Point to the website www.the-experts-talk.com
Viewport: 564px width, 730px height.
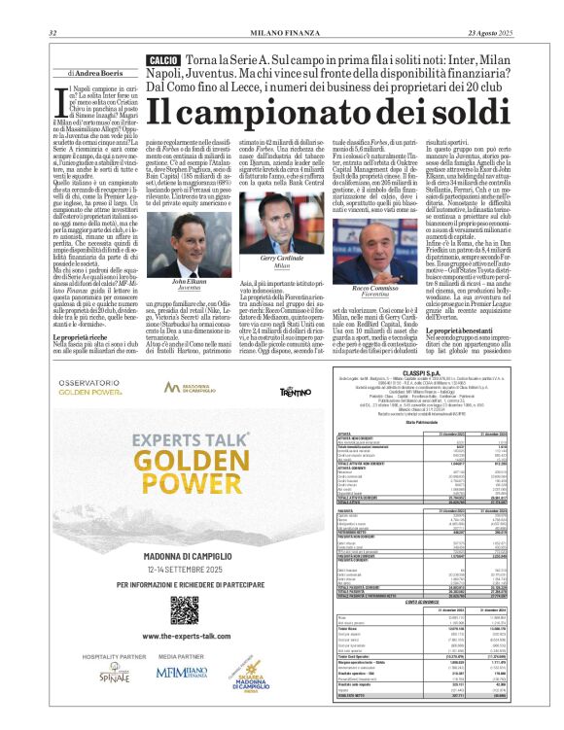[185, 636]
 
